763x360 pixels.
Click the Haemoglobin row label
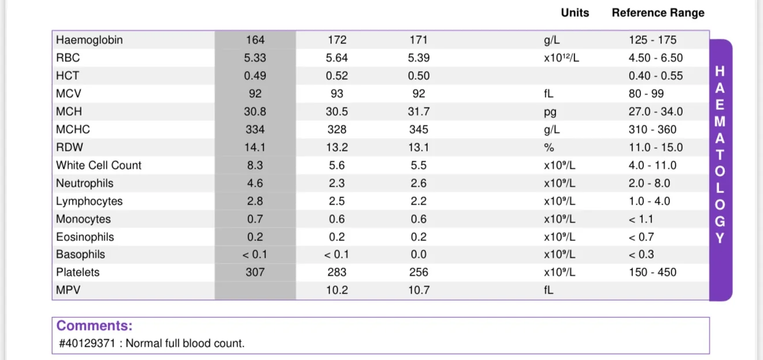tap(89, 40)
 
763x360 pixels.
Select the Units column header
tap(575, 13)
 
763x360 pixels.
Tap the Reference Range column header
tap(658, 13)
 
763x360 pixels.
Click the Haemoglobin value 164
tap(255, 40)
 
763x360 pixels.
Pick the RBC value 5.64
tap(336, 58)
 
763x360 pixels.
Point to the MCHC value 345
tap(418, 129)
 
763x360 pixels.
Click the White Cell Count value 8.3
tap(255, 165)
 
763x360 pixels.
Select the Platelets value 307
tap(255, 272)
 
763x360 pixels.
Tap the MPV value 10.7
tap(418, 290)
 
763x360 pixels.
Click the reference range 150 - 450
tap(652, 272)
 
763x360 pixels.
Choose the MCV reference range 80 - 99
tap(646, 94)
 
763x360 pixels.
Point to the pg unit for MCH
tap(550, 112)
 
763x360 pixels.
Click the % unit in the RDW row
tap(549, 147)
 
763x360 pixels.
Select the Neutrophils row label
tap(84, 183)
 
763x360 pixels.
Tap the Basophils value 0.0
tap(418, 254)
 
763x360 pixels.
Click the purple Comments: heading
tap(94, 325)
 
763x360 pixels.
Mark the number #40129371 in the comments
tap(87, 343)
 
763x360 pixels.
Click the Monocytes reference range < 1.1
tap(640, 219)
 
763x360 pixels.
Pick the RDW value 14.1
tap(255, 147)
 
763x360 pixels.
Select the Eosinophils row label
tap(85, 237)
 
